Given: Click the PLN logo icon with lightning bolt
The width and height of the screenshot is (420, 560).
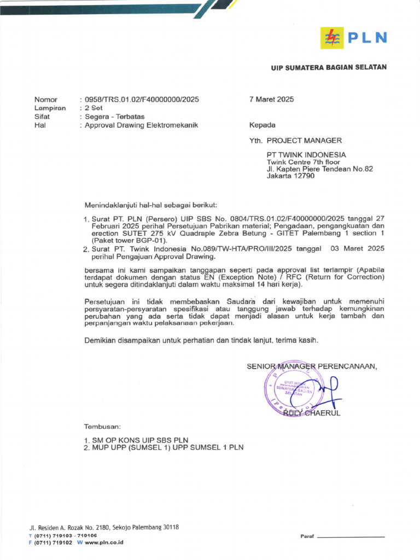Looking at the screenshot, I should [x=332, y=37].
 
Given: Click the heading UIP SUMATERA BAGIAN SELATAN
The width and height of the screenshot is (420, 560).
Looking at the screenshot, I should [x=329, y=67].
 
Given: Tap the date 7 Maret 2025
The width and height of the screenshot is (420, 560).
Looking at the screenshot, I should [x=271, y=100].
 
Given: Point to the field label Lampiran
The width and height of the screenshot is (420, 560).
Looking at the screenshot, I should [x=50, y=108].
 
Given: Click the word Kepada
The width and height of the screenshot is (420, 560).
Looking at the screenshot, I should [x=262, y=125].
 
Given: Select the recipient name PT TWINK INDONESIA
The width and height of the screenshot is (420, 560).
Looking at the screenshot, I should [x=306, y=155].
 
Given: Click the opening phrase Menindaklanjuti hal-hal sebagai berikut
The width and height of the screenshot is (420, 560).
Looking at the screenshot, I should [x=150, y=205].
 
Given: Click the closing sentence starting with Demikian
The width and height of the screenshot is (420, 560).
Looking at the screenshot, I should [x=201, y=341].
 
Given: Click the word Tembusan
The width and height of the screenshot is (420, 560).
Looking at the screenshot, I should [x=102, y=426].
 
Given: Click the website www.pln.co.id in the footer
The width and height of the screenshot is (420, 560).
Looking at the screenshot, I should [x=104, y=542].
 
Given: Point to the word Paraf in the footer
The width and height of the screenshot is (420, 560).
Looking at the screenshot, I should [x=307, y=536].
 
